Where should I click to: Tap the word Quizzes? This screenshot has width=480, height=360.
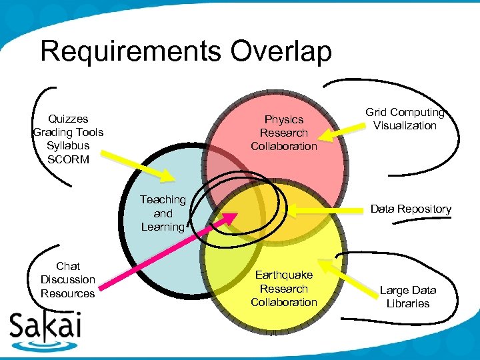click(68, 119)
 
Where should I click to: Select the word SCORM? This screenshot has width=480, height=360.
click(68, 159)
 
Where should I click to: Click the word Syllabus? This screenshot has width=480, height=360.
click(68, 146)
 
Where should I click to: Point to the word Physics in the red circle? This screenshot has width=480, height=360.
click(284, 119)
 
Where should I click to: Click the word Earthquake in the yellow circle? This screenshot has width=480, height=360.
click(284, 275)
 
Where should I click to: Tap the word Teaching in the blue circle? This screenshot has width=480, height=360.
click(163, 199)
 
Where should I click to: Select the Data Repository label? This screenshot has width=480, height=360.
click(411, 209)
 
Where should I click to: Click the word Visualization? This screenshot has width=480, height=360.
click(405, 125)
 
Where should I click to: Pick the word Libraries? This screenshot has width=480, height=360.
click(407, 303)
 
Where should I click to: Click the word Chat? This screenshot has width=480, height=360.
click(68, 266)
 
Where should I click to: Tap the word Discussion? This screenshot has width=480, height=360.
click(68, 279)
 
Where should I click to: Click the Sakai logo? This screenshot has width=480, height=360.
click(45, 328)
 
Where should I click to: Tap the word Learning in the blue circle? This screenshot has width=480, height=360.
click(163, 227)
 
